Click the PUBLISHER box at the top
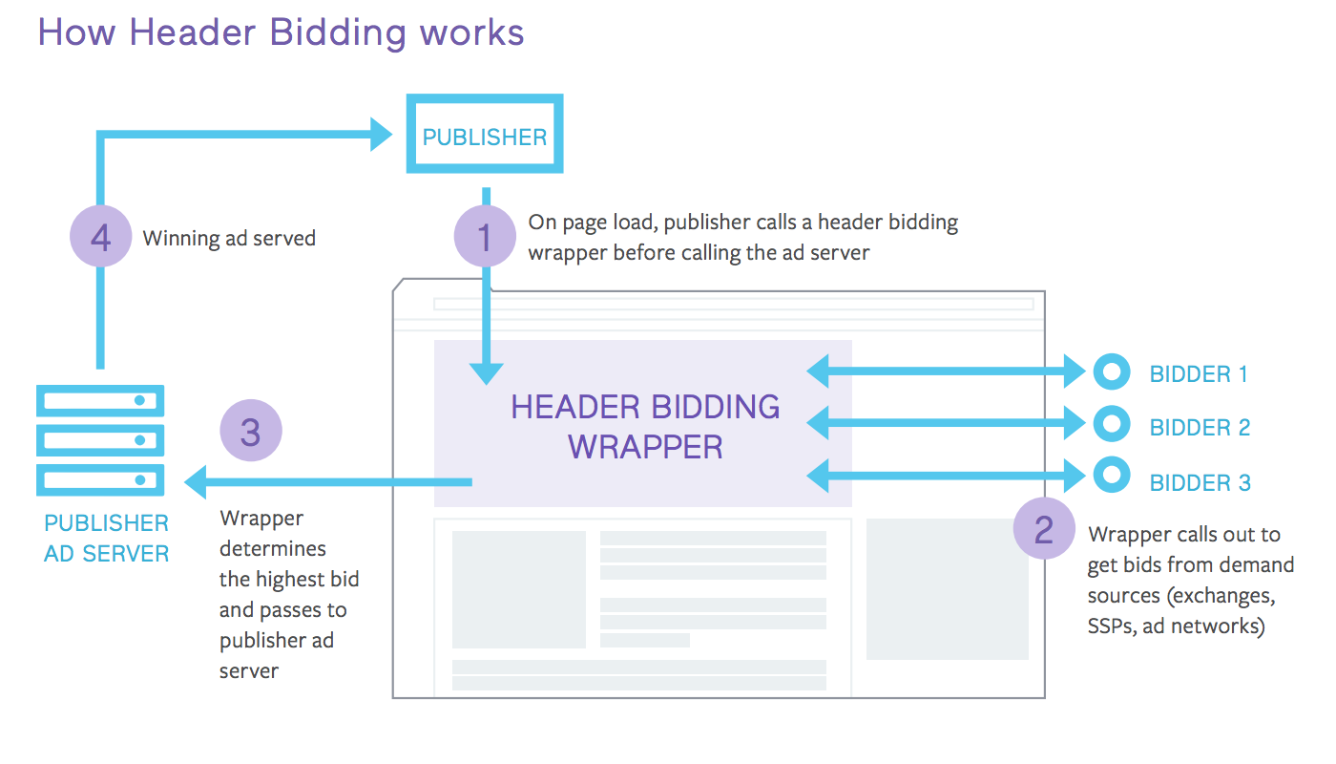point(485,135)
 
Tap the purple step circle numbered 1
point(485,236)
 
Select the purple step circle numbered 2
point(1044,528)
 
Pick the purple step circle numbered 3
point(251,432)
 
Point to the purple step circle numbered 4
point(101,237)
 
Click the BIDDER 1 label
point(1199,373)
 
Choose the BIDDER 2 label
point(1200,427)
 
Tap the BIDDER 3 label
point(1200,482)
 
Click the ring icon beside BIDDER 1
point(1111,372)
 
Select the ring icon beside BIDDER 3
point(1111,475)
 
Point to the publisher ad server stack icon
point(100,440)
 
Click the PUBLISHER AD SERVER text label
point(106,539)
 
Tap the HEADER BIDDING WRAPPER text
point(645,426)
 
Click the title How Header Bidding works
point(281,32)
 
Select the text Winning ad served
point(229,238)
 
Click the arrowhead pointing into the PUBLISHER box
point(381,135)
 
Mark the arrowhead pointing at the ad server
point(196,481)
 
